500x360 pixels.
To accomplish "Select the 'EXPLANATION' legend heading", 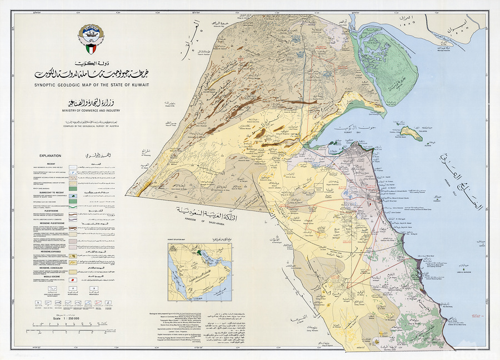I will pyautogui.click(x=50, y=157).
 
